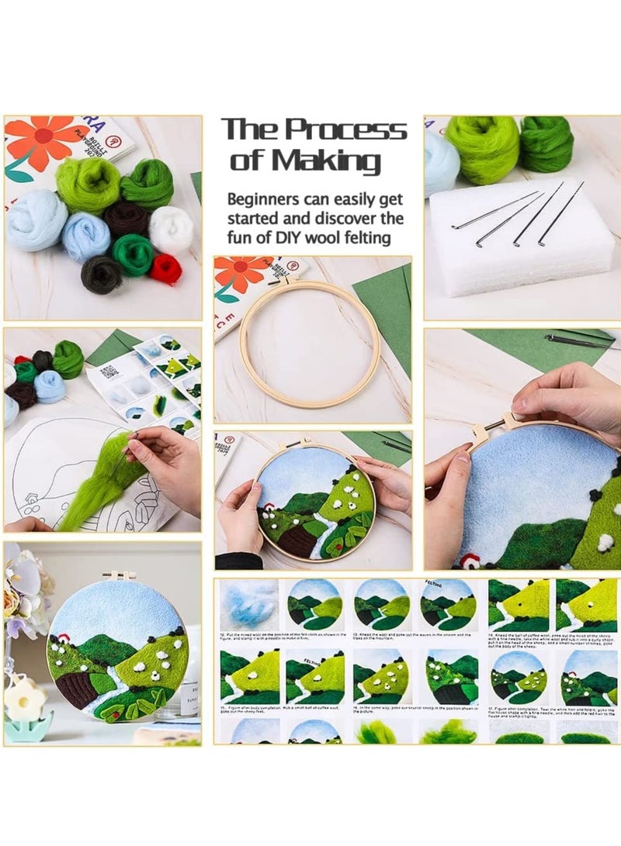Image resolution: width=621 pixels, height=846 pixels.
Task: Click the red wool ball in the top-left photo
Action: [x=165, y=268]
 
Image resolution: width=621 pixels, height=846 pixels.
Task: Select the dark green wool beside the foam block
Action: [x=546, y=143]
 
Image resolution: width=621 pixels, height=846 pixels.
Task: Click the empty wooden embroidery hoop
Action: [x=310, y=344]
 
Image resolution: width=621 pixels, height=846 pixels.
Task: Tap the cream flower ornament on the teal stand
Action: [x=25, y=699]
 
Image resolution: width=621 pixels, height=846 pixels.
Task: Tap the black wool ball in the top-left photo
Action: [x=101, y=275]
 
